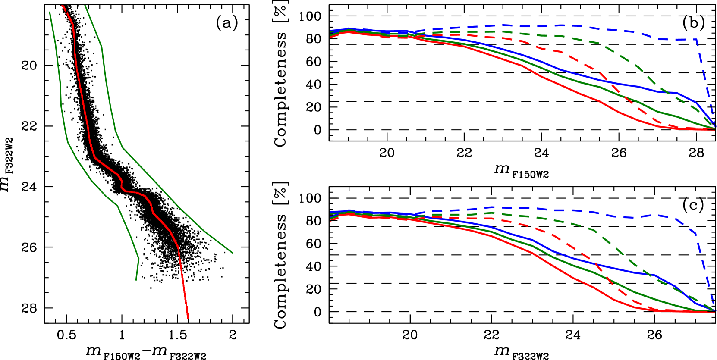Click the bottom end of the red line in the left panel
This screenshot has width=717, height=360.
(189, 319)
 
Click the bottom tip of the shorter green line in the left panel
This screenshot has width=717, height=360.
(136, 280)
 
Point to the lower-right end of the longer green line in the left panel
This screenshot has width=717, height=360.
(233, 253)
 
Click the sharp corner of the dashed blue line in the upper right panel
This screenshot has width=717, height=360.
(696, 40)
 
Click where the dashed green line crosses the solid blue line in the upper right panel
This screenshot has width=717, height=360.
(667, 92)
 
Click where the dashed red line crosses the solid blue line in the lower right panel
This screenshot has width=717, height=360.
(597, 264)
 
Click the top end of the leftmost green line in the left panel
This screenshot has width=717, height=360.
(50, 12)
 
